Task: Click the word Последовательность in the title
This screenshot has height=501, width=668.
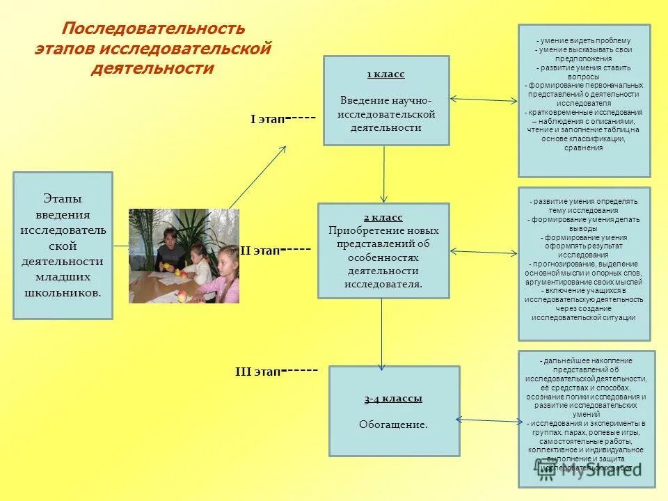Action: point(154,29)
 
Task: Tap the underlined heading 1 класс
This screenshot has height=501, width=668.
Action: point(385,74)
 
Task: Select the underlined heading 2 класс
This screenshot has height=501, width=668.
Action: point(383,217)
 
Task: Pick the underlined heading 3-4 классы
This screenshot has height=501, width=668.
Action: point(393,399)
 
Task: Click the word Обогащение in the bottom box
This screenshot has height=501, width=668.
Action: point(393,424)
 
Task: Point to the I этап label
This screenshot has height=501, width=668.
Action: point(267,120)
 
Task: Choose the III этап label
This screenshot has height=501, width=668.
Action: point(257,372)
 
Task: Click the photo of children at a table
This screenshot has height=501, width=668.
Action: point(184,255)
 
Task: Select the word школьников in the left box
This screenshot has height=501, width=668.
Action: point(63,292)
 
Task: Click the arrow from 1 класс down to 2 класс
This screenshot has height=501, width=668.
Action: point(384,174)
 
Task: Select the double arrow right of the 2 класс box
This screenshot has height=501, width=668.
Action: point(484,252)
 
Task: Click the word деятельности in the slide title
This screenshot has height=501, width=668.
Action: point(152,69)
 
